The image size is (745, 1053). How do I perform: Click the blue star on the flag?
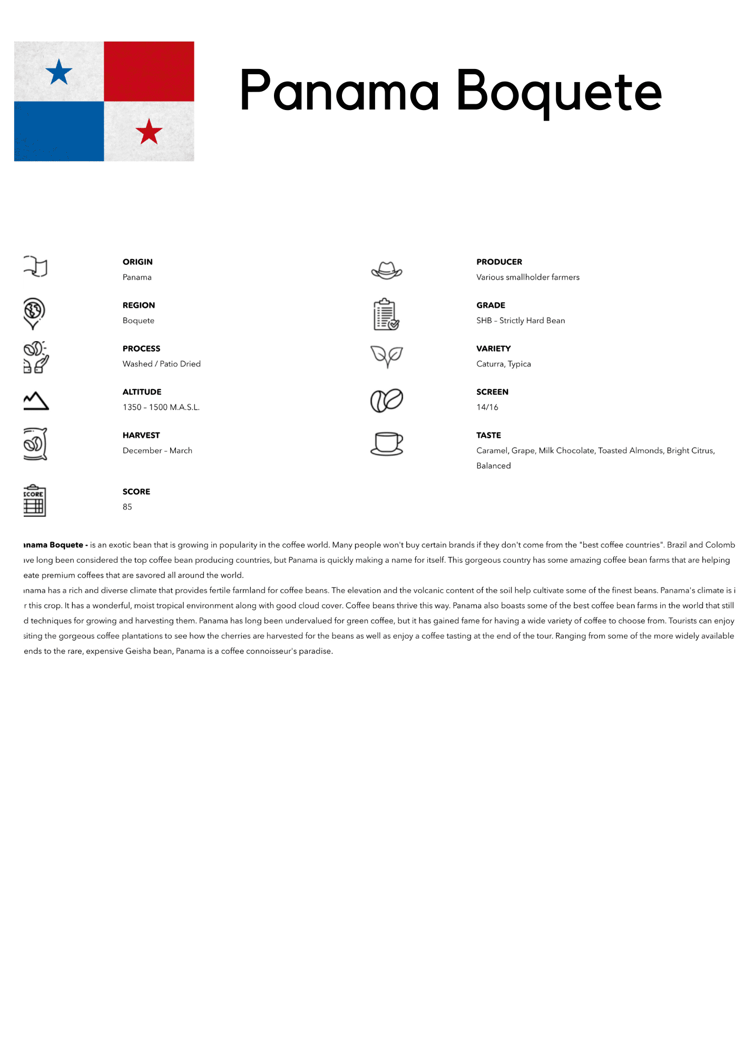(x=59, y=72)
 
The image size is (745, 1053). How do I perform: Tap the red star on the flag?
(x=149, y=132)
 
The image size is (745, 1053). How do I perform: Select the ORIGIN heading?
(x=138, y=262)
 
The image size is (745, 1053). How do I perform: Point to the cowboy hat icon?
(x=386, y=271)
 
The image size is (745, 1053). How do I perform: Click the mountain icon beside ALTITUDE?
(x=36, y=401)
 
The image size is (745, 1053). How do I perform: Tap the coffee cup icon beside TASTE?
(x=387, y=443)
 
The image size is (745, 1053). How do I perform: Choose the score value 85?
(x=128, y=507)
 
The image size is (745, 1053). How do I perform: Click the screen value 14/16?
(x=487, y=408)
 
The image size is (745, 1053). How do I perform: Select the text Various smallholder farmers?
(x=527, y=277)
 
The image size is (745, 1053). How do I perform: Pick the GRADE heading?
(x=491, y=305)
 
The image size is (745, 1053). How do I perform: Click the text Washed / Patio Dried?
(x=161, y=364)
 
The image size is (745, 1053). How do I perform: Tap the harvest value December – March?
(x=157, y=451)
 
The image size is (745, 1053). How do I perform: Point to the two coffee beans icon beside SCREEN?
(x=387, y=401)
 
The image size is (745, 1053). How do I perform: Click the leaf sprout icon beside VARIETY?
(x=387, y=356)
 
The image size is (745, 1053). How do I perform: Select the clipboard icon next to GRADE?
(x=386, y=314)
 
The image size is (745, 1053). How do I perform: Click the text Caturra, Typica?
(x=503, y=364)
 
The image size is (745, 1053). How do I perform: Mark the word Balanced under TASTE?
(x=493, y=466)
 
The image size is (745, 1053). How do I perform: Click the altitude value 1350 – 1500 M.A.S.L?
(x=161, y=408)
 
